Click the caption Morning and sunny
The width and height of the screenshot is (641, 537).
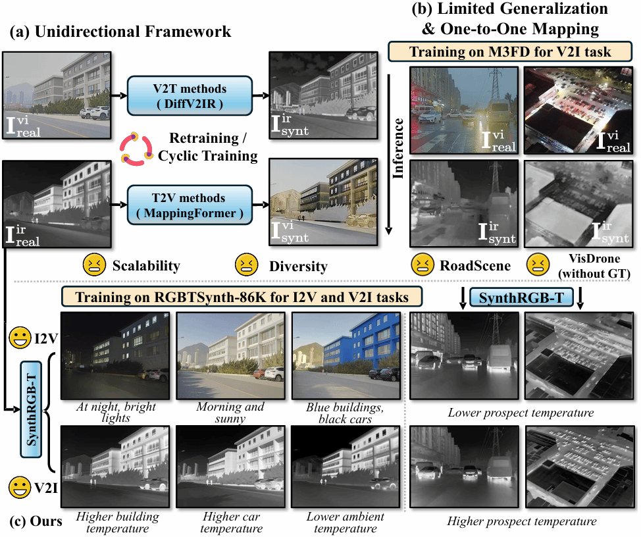(230, 412)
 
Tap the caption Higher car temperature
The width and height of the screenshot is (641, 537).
(229, 523)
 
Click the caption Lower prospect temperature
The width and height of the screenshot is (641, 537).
(521, 413)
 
